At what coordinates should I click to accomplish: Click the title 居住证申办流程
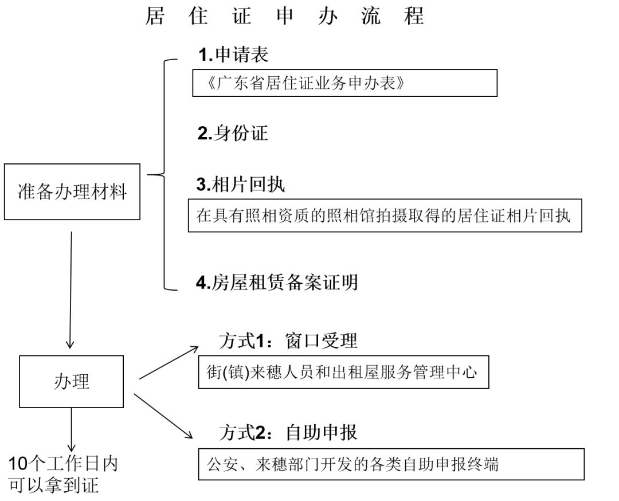click(x=285, y=16)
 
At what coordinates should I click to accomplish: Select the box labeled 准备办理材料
click(x=72, y=192)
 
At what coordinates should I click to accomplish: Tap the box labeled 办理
click(x=72, y=381)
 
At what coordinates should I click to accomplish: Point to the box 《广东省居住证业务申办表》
click(x=344, y=83)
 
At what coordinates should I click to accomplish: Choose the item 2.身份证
click(x=233, y=134)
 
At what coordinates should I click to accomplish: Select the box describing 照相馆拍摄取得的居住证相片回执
click(x=385, y=216)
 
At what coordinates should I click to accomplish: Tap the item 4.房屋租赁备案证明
click(x=277, y=282)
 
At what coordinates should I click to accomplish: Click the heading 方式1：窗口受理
click(x=288, y=341)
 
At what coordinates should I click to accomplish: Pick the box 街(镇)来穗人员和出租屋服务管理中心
click(x=343, y=373)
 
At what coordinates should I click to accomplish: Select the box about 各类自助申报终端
click(x=391, y=464)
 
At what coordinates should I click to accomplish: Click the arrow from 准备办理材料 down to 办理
click(x=70, y=289)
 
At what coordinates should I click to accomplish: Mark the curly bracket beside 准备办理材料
click(x=163, y=175)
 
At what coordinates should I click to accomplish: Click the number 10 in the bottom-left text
click(x=18, y=464)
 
